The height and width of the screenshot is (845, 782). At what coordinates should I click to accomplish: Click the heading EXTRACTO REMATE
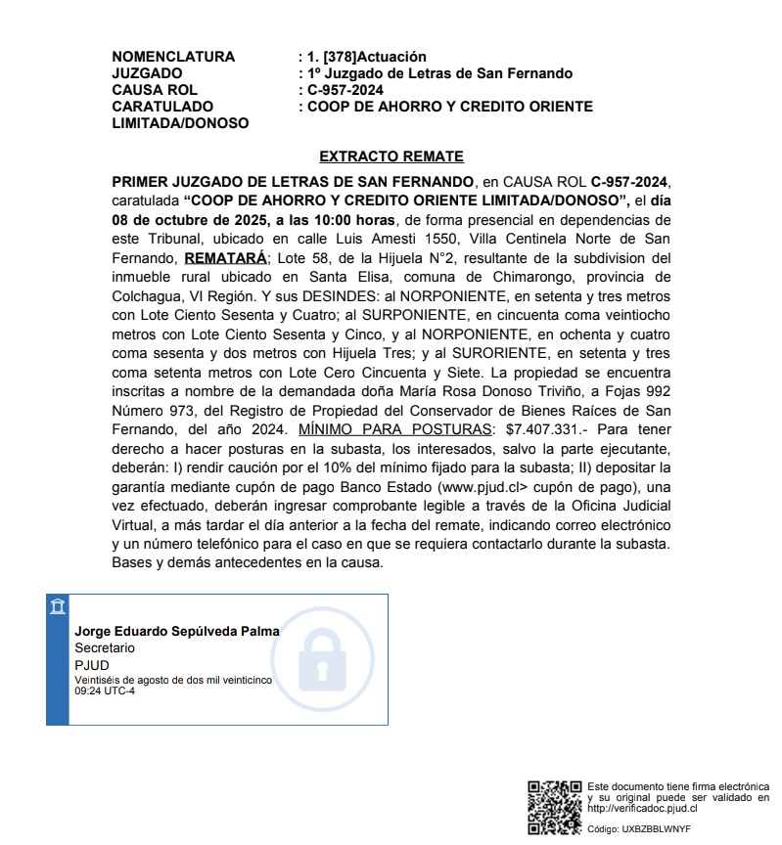click(x=391, y=156)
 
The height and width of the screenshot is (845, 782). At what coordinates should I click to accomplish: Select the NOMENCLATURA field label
click(x=173, y=57)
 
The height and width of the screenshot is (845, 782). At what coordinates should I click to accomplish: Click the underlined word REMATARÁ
click(x=225, y=258)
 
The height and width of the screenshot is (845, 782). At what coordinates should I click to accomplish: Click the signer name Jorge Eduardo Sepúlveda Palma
click(x=177, y=631)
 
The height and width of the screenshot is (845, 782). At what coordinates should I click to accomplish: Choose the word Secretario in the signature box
click(x=105, y=647)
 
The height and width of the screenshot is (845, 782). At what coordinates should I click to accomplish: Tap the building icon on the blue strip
click(x=58, y=607)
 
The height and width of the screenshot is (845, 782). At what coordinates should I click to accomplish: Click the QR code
click(x=555, y=807)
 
